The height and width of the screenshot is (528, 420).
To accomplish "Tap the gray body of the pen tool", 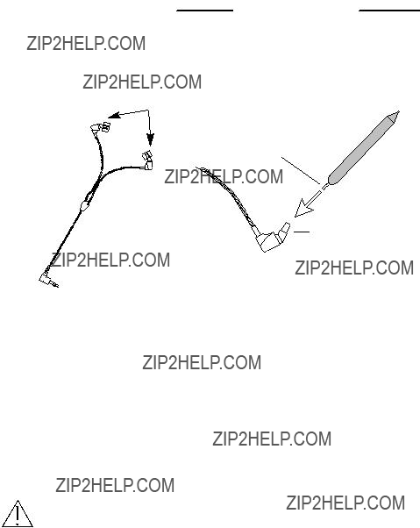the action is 361,149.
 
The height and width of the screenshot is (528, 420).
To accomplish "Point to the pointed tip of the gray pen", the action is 399,111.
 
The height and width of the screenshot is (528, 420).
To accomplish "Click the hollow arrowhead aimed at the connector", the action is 303,209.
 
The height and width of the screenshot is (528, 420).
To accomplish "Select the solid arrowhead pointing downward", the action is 150,139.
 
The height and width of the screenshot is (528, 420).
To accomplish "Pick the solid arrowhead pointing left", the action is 114,116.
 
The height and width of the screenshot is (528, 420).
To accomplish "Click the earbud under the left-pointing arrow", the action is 101,128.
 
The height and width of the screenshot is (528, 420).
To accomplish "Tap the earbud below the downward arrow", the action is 147,161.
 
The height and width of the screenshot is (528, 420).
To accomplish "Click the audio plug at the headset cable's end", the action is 48,280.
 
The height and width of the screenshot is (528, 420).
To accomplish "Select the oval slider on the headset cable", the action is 85,204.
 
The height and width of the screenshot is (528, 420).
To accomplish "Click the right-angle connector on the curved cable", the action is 272,238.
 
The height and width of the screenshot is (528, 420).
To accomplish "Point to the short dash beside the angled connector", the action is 302,232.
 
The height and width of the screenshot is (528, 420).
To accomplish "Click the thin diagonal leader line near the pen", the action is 301,170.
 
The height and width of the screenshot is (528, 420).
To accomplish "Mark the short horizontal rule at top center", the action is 205,11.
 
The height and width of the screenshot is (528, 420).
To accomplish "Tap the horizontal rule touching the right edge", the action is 389,11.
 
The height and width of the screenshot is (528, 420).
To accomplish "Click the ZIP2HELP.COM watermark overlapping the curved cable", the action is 224,177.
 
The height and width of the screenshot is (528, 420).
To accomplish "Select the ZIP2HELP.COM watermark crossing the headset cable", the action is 110,260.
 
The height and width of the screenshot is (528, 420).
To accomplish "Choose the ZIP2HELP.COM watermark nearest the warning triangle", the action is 115,485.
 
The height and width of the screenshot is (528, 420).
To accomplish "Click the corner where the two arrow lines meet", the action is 148,111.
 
